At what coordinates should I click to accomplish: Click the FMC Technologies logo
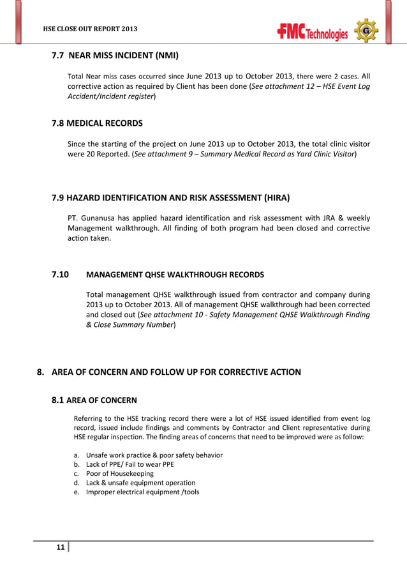(313, 31)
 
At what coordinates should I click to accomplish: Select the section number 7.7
(58, 56)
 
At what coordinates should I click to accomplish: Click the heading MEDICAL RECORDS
(106, 123)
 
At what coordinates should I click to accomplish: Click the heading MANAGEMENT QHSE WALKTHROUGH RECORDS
(174, 275)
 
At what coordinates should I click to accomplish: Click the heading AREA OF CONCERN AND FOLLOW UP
(175, 372)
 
